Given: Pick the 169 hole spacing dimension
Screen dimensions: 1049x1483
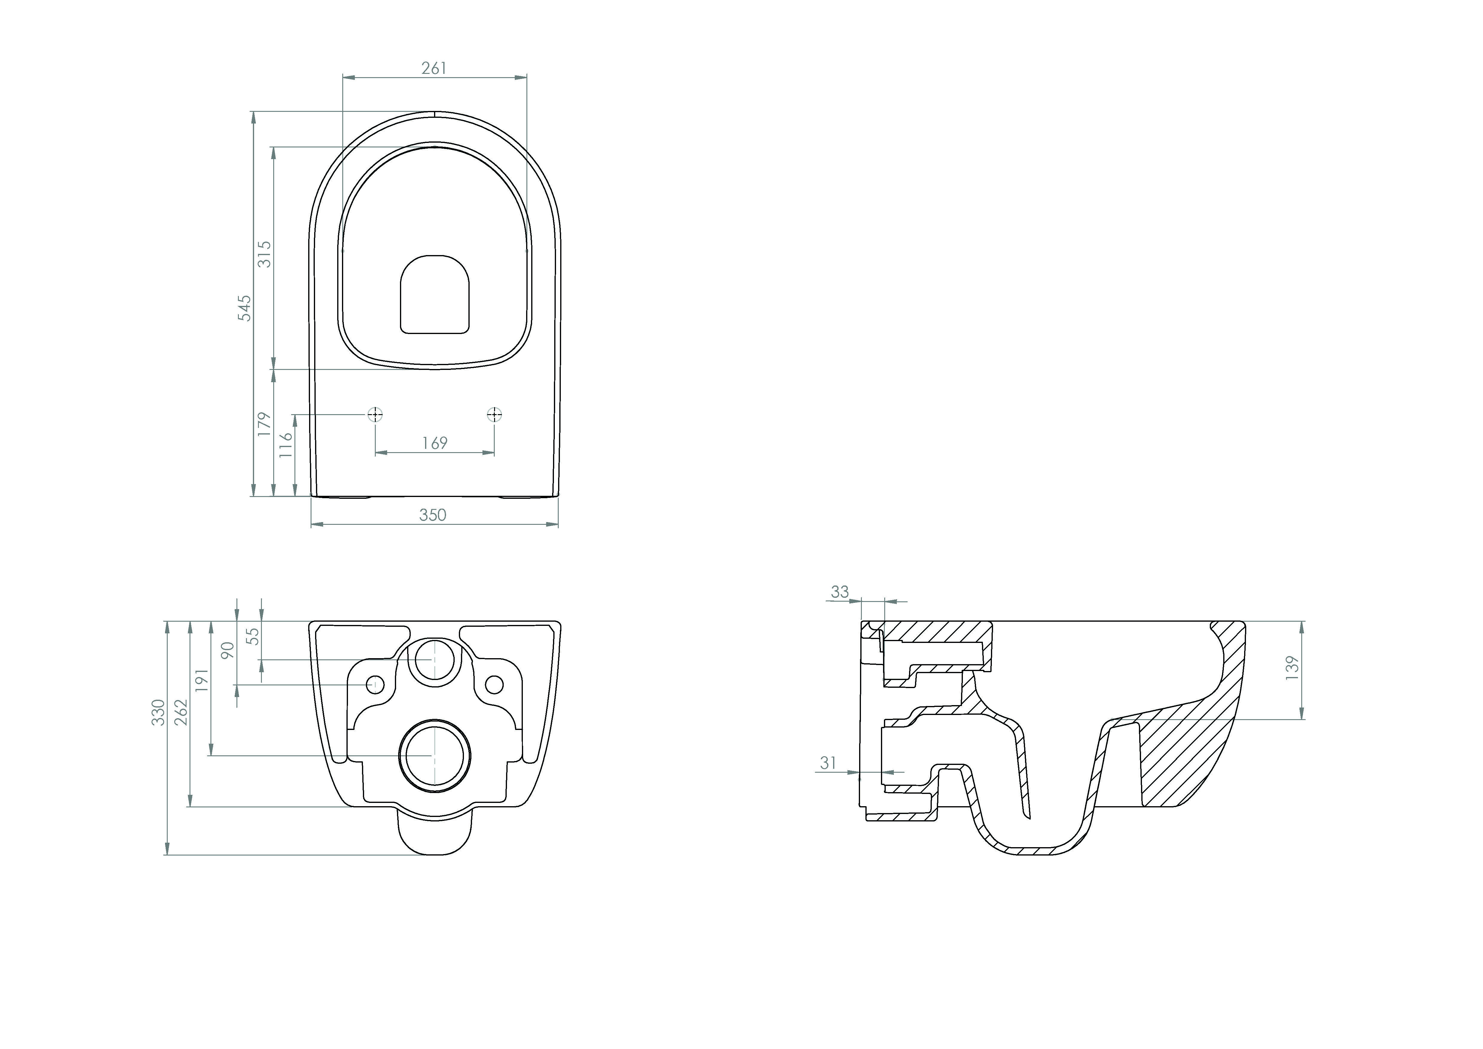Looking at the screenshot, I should point(435,443).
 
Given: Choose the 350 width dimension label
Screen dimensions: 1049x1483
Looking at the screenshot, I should point(433,515).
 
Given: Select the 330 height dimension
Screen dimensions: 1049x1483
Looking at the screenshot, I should point(158,713).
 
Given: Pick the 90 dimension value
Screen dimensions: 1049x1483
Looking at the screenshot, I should point(227,650).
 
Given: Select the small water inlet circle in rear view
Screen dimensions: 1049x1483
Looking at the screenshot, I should point(435,659).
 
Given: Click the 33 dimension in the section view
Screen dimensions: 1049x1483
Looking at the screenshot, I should point(840,592).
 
